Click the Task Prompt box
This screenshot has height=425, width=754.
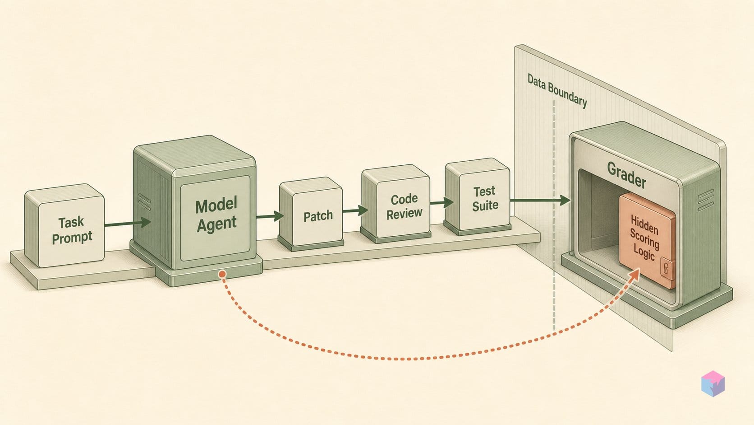click(64, 225)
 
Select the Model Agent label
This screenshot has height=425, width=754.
click(216, 215)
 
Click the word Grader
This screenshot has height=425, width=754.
click(626, 175)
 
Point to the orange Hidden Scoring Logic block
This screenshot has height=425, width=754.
click(647, 241)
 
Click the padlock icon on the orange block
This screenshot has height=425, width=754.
click(666, 269)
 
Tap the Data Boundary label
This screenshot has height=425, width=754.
click(557, 90)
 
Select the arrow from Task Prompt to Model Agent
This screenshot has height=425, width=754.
click(128, 223)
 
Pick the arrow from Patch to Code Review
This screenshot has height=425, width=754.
click(355, 210)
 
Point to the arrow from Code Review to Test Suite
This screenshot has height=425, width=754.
click(441, 202)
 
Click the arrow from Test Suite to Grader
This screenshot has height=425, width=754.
click(540, 200)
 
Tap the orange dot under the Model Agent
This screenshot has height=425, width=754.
click(222, 274)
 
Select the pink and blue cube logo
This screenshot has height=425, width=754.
click(713, 383)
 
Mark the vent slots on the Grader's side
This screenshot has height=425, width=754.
click(706, 200)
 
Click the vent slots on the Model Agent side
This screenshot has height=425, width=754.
click(144, 202)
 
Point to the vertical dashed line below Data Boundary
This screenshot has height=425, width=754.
click(554, 215)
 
